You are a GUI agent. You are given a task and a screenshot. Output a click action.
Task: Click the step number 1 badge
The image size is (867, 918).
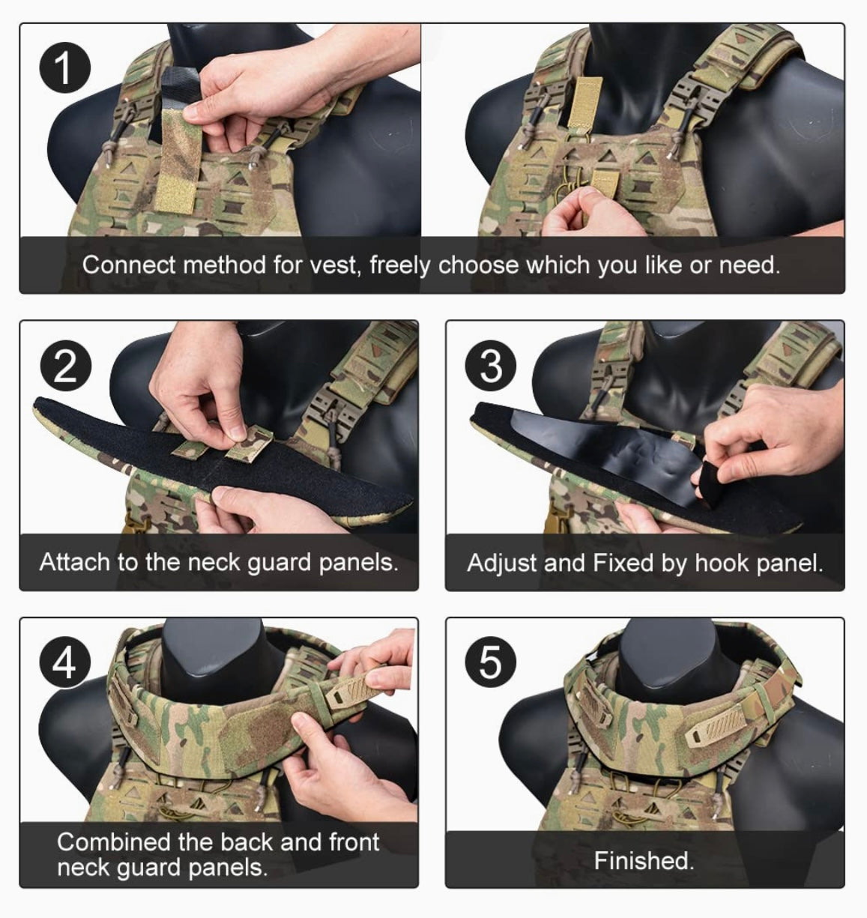coord(65,67)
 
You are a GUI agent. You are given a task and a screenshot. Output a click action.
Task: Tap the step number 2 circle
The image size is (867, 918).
coord(65,366)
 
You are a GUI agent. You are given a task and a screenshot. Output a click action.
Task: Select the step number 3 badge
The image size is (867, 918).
coord(491,366)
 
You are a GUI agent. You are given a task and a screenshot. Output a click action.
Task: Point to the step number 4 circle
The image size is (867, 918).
coord(65,662)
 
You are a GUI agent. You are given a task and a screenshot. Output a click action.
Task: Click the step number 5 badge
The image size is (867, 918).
coord(491,662)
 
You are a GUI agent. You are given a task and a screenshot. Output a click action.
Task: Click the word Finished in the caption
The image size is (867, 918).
coord(644,861)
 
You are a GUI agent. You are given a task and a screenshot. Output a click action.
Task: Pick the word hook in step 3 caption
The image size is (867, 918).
coord(720,563)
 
